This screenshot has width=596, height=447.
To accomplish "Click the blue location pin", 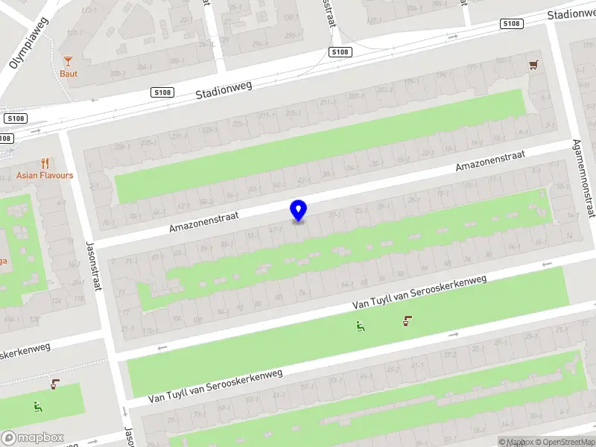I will click(298, 210).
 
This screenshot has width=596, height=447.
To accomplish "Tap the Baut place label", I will click(69, 74).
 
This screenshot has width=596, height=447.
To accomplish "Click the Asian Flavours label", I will click(45, 176).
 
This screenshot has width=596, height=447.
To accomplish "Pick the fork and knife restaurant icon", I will click(45, 163).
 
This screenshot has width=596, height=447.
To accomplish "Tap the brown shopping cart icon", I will click(533, 66).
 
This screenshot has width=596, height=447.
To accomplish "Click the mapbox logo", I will click(32, 438).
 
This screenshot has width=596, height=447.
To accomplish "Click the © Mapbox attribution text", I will click(515, 443).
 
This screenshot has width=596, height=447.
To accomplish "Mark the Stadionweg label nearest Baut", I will click(223, 91).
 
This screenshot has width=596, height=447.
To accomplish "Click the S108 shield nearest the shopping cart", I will click(510, 25).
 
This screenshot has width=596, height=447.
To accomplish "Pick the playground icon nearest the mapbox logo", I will click(37, 406).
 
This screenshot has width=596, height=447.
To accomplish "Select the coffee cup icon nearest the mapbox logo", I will click(55, 384).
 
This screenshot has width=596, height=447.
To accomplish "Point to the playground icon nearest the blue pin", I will click(361, 325).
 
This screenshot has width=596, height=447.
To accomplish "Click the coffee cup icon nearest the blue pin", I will click(408, 321).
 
